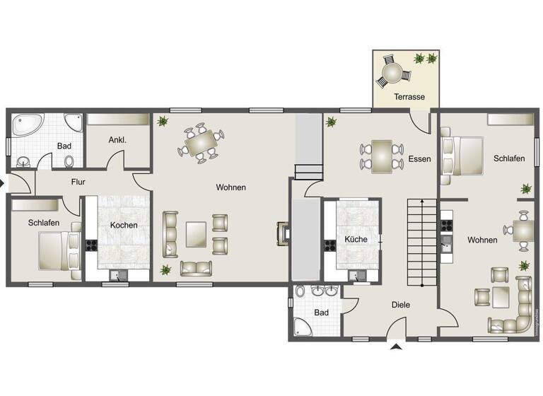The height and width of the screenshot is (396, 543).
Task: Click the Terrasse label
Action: pyautogui.click(x=409, y=96)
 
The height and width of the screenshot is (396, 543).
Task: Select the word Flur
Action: pyautogui.click(x=78, y=182)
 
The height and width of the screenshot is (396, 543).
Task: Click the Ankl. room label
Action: pyautogui.click(x=117, y=140)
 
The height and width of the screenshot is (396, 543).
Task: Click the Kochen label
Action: pyautogui.click(x=124, y=225)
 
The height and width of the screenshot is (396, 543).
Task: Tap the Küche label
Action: pyautogui.click(x=356, y=239)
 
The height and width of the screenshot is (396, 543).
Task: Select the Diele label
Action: pyautogui.click(x=401, y=305)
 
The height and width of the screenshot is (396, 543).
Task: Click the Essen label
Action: pyautogui.click(x=419, y=159)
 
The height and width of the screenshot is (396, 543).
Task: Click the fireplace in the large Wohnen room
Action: pyautogui.click(x=283, y=233)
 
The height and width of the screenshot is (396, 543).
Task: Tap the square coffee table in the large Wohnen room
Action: pyautogui.click(x=196, y=234)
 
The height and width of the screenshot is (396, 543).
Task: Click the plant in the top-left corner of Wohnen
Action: pyautogui.click(x=163, y=121)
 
